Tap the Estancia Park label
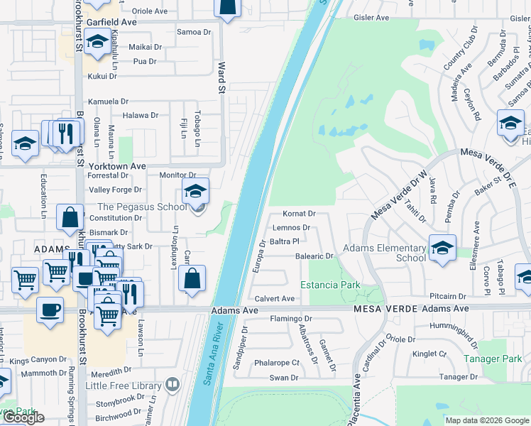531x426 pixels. tap(330, 285)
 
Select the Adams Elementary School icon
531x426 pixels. tap(442, 248)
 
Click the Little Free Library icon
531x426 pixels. tap(172, 386)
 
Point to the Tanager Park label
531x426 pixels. tap(492, 359)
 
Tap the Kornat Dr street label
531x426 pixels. tap(298, 213)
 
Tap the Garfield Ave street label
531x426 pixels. tap(111, 22)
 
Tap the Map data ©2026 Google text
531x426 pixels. tap(487, 420)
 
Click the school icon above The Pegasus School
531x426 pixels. tap(196, 190)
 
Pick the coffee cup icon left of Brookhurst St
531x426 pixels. tap(50, 310)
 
